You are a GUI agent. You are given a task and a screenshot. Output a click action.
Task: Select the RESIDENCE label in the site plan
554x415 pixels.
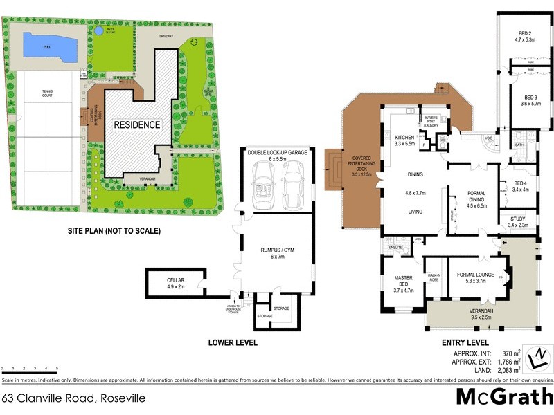click(137, 125)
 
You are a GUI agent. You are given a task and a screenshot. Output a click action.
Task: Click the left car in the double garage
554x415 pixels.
click(265, 189)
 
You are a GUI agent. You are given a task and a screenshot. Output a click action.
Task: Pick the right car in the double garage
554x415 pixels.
click(294, 187)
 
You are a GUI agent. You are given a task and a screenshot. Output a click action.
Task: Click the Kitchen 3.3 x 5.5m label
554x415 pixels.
click(404, 140)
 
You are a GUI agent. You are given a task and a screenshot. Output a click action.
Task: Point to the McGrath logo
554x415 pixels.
click(503, 396)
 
